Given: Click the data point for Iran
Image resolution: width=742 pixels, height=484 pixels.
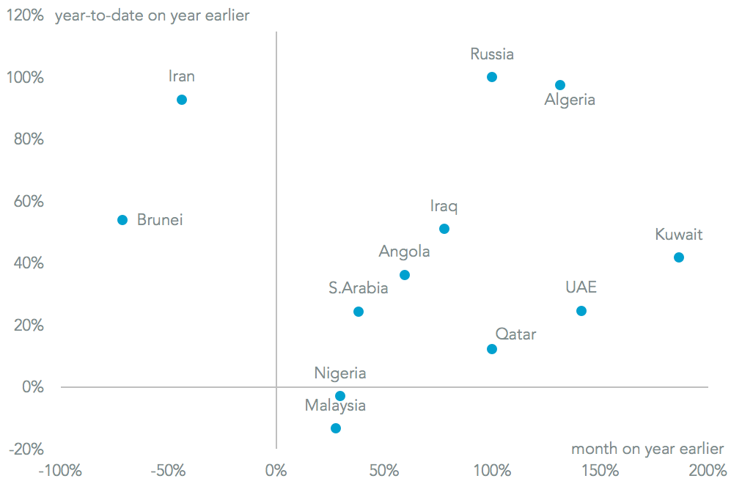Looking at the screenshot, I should click(x=182, y=100).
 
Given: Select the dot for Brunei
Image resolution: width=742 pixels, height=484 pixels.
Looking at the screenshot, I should click(x=122, y=220).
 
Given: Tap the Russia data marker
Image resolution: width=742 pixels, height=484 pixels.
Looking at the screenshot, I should click(x=492, y=77).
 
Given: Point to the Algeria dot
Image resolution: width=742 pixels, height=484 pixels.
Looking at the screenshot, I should click(x=560, y=85).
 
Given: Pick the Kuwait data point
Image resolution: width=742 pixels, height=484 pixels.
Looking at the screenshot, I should click(x=679, y=257).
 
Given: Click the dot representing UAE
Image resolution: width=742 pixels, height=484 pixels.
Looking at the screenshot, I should click(x=581, y=311).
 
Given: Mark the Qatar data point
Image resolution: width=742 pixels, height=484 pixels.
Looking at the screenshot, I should click(x=492, y=349).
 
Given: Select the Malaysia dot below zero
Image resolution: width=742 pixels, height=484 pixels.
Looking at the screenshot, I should click(x=336, y=428).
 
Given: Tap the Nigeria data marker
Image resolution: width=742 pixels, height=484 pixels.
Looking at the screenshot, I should click(x=340, y=396).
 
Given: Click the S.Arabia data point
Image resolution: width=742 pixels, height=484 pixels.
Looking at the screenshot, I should click(x=359, y=312).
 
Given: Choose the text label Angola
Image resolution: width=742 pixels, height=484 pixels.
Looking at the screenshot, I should click(x=404, y=252).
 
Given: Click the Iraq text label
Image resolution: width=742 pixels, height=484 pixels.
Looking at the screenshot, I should click(x=444, y=207).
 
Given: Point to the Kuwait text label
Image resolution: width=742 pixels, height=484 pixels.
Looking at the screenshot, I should click(x=678, y=235).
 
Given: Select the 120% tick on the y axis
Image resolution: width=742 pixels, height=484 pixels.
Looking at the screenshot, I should click(x=25, y=15).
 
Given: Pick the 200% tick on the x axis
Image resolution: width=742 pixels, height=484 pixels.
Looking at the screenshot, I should click(x=708, y=470).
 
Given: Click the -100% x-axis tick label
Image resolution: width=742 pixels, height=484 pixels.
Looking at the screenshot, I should click(x=60, y=470).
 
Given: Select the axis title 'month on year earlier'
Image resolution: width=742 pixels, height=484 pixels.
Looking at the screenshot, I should click(x=647, y=449).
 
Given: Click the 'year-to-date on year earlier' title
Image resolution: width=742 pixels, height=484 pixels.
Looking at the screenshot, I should click(x=153, y=15).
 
